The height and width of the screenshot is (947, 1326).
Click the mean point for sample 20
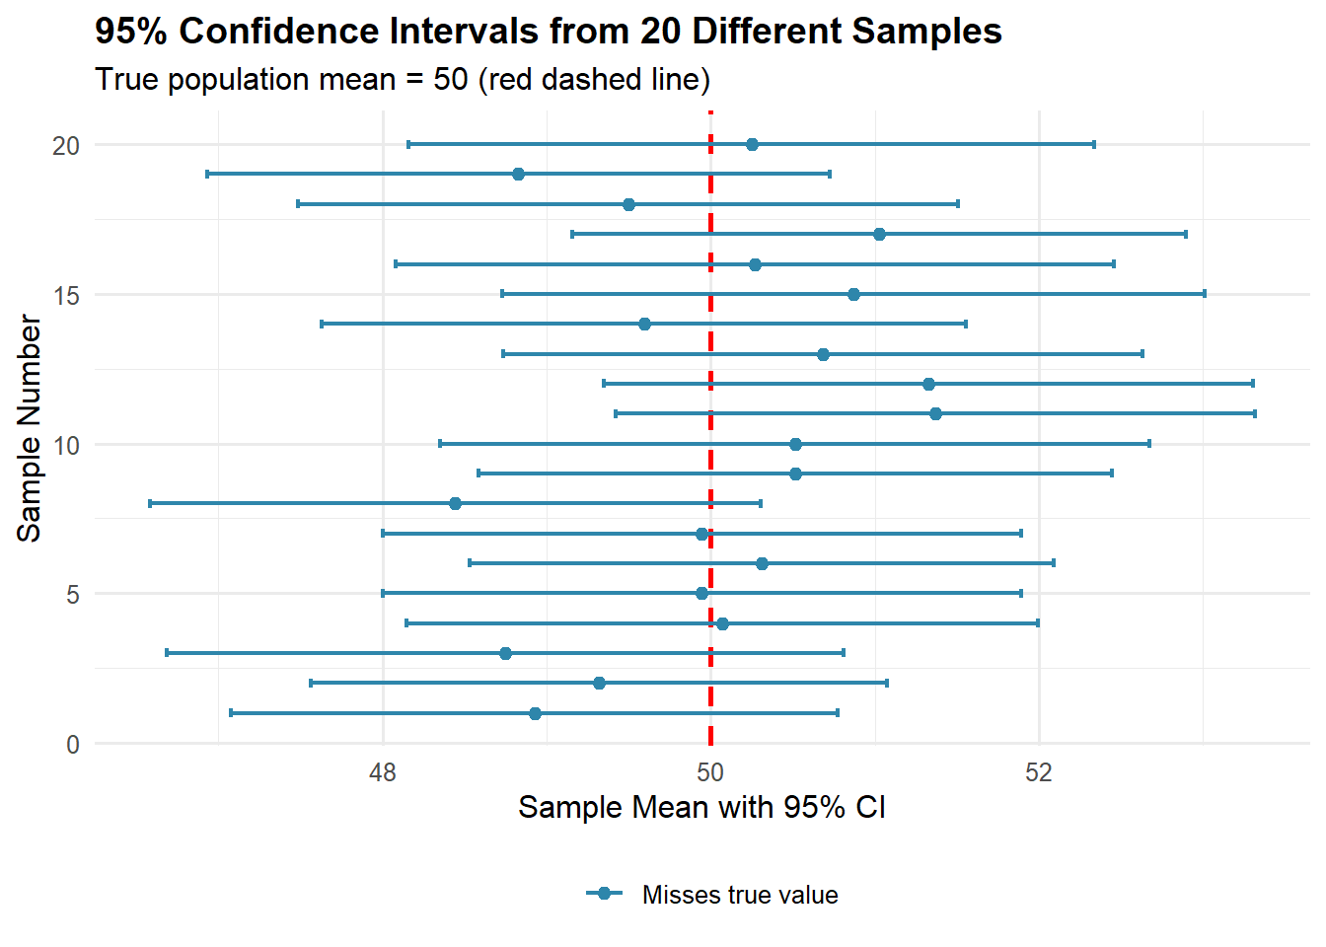pyautogui.click(x=752, y=145)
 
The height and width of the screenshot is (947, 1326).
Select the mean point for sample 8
pyautogui.click(x=455, y=504)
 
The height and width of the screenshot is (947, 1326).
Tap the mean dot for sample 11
pyautogui.click(x=935, y=413)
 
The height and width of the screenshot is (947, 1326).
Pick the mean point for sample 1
pyautogui.click(x=535, y=713)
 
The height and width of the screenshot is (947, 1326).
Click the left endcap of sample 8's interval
pyautogui.click(x=150, y=504)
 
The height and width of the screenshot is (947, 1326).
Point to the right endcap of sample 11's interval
pyautogui.click(x=1255, y=413)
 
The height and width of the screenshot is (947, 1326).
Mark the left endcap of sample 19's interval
pyautogui.click(x=207, y=175)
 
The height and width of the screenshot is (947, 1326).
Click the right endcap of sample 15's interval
pyautogui.click(x=1205, y=294)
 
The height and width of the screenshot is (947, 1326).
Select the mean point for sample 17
pyautogui.click(x=879, y=235)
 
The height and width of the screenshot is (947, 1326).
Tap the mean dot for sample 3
pyautogui.click(x=505, y=653)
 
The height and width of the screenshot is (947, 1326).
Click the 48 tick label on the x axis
pyautogui.click(x=383, y=772)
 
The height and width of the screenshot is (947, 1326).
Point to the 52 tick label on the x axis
pyautogui.click(x=1039, y=772)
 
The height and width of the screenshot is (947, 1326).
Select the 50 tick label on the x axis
pyautogui.click(x=710, y=772)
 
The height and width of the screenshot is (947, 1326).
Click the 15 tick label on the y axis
pyautogui.click(x=66, y=295)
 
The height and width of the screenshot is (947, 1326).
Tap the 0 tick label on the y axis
pyautogui.click(x=73, y=745)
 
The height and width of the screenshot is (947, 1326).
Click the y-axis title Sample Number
pyautogui.click(x=30, y=428)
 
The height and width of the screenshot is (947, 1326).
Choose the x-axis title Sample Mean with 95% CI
pyautogui.click(x=701, y=808)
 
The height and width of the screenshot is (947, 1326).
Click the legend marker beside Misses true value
pyautogui.click(x=605, y=894)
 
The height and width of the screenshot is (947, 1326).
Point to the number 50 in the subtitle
pyautogui.click(x=450, y=79)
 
